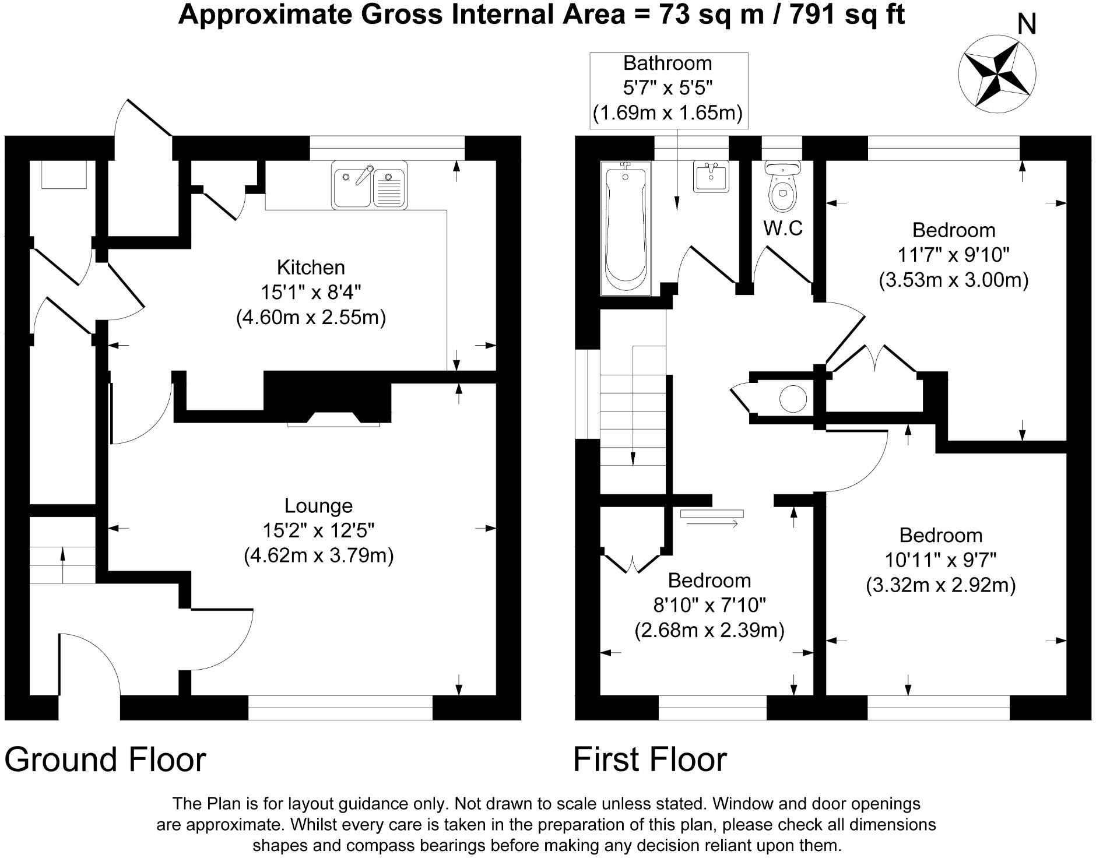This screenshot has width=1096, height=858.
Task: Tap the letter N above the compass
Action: pos(1027,25)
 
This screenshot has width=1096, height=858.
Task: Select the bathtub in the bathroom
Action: pos(626,227)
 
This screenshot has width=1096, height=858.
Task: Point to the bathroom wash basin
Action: pos(711,175)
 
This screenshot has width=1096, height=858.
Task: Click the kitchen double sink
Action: pos(370,185)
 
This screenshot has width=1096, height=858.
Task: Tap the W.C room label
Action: pos(783,228)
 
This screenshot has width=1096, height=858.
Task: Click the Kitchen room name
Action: pos(311,268)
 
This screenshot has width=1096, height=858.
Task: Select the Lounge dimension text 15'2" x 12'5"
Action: pos(318,530)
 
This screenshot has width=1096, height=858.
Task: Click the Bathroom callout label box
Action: pos(668,88)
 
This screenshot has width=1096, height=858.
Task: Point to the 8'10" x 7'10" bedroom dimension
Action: pos(709,606)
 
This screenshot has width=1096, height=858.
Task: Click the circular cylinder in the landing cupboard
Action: pos(793,399)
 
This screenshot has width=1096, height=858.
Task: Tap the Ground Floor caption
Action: pos(105,759)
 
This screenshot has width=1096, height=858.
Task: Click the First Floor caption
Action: pos(649,759)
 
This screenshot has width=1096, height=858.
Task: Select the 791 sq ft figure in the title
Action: pos(846,14)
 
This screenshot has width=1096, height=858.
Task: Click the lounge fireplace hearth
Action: pos(333,419)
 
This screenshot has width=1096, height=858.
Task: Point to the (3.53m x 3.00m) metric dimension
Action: pos(953,280)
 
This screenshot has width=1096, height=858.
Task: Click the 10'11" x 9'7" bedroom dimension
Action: pos(940,560)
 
